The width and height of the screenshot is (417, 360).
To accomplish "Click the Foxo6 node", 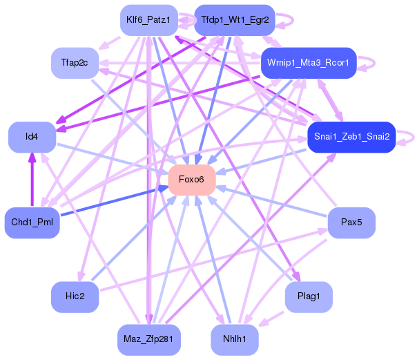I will click(191, 180).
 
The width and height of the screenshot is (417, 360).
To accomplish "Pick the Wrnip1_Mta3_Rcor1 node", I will click(308, 63).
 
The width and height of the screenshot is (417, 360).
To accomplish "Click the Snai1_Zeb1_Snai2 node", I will click(351, 137).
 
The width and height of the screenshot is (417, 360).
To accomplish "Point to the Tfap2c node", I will click(75, 63).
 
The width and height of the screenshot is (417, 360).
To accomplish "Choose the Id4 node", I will click(31, 137).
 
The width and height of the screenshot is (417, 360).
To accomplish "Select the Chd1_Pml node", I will click(31, 222).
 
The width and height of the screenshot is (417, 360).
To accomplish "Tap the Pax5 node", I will click(351, 222).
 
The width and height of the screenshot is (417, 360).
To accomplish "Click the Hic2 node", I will click(75, 296).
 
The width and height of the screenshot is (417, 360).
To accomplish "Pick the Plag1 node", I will click(308, 296).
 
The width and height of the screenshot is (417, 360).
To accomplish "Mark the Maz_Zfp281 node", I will click(149, 340).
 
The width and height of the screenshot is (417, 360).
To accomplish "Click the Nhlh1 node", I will click(235, 340).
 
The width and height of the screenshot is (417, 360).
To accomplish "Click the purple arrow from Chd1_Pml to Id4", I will click(31, 180).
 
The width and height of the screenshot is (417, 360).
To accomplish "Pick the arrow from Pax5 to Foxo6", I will click(269, 201).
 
